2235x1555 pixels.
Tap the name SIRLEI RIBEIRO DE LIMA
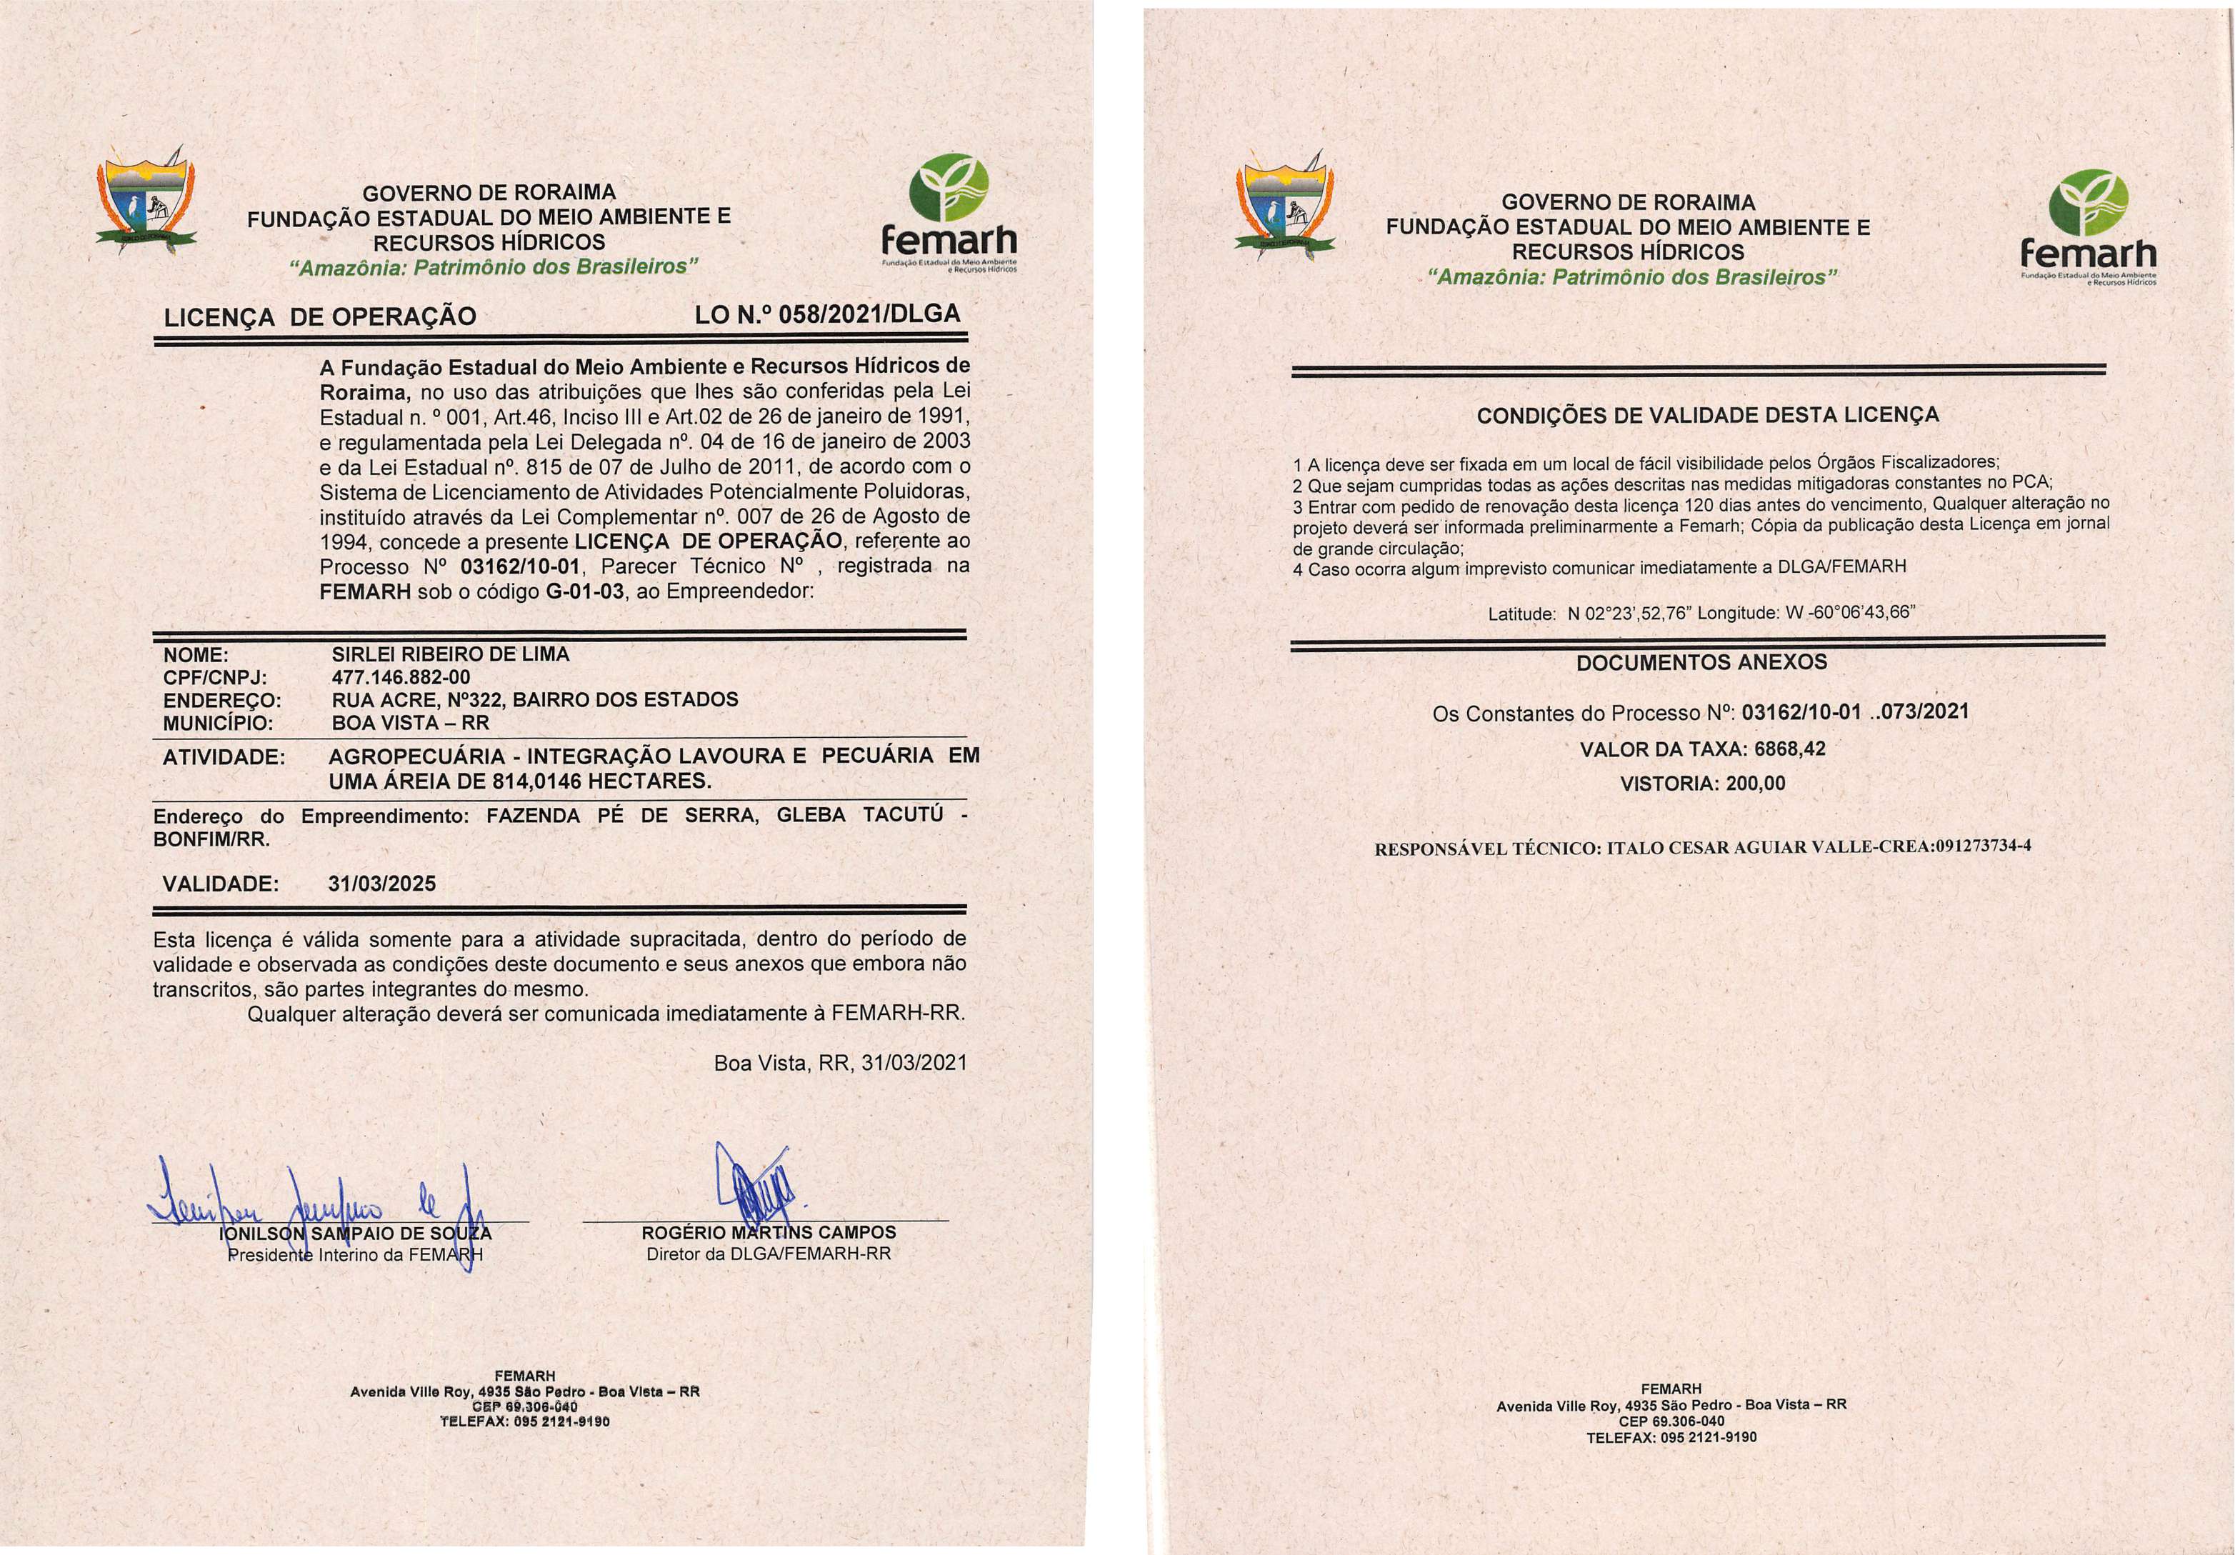point(451,654)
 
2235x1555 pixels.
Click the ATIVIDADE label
point(224,756)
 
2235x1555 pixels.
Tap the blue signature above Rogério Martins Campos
point(756,1190)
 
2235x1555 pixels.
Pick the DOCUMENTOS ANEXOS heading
point(1701,663)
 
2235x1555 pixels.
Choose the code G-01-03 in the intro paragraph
point(585,591)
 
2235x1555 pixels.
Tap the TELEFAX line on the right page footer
point(1671,1437)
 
